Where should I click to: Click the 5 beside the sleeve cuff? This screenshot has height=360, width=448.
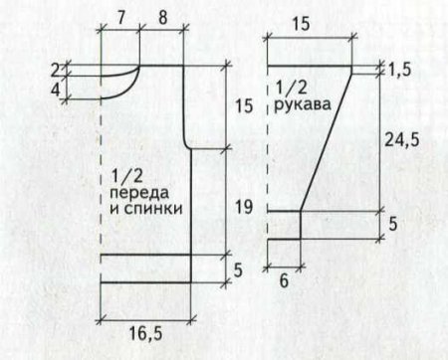point(393,225)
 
